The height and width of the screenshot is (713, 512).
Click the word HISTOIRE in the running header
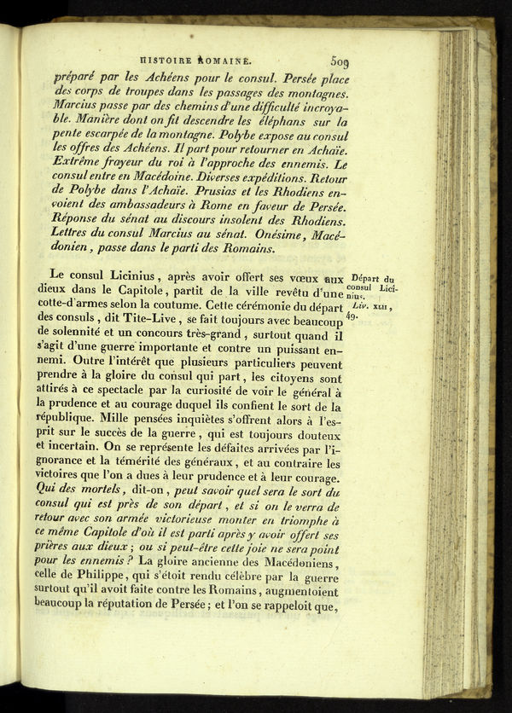165,61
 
